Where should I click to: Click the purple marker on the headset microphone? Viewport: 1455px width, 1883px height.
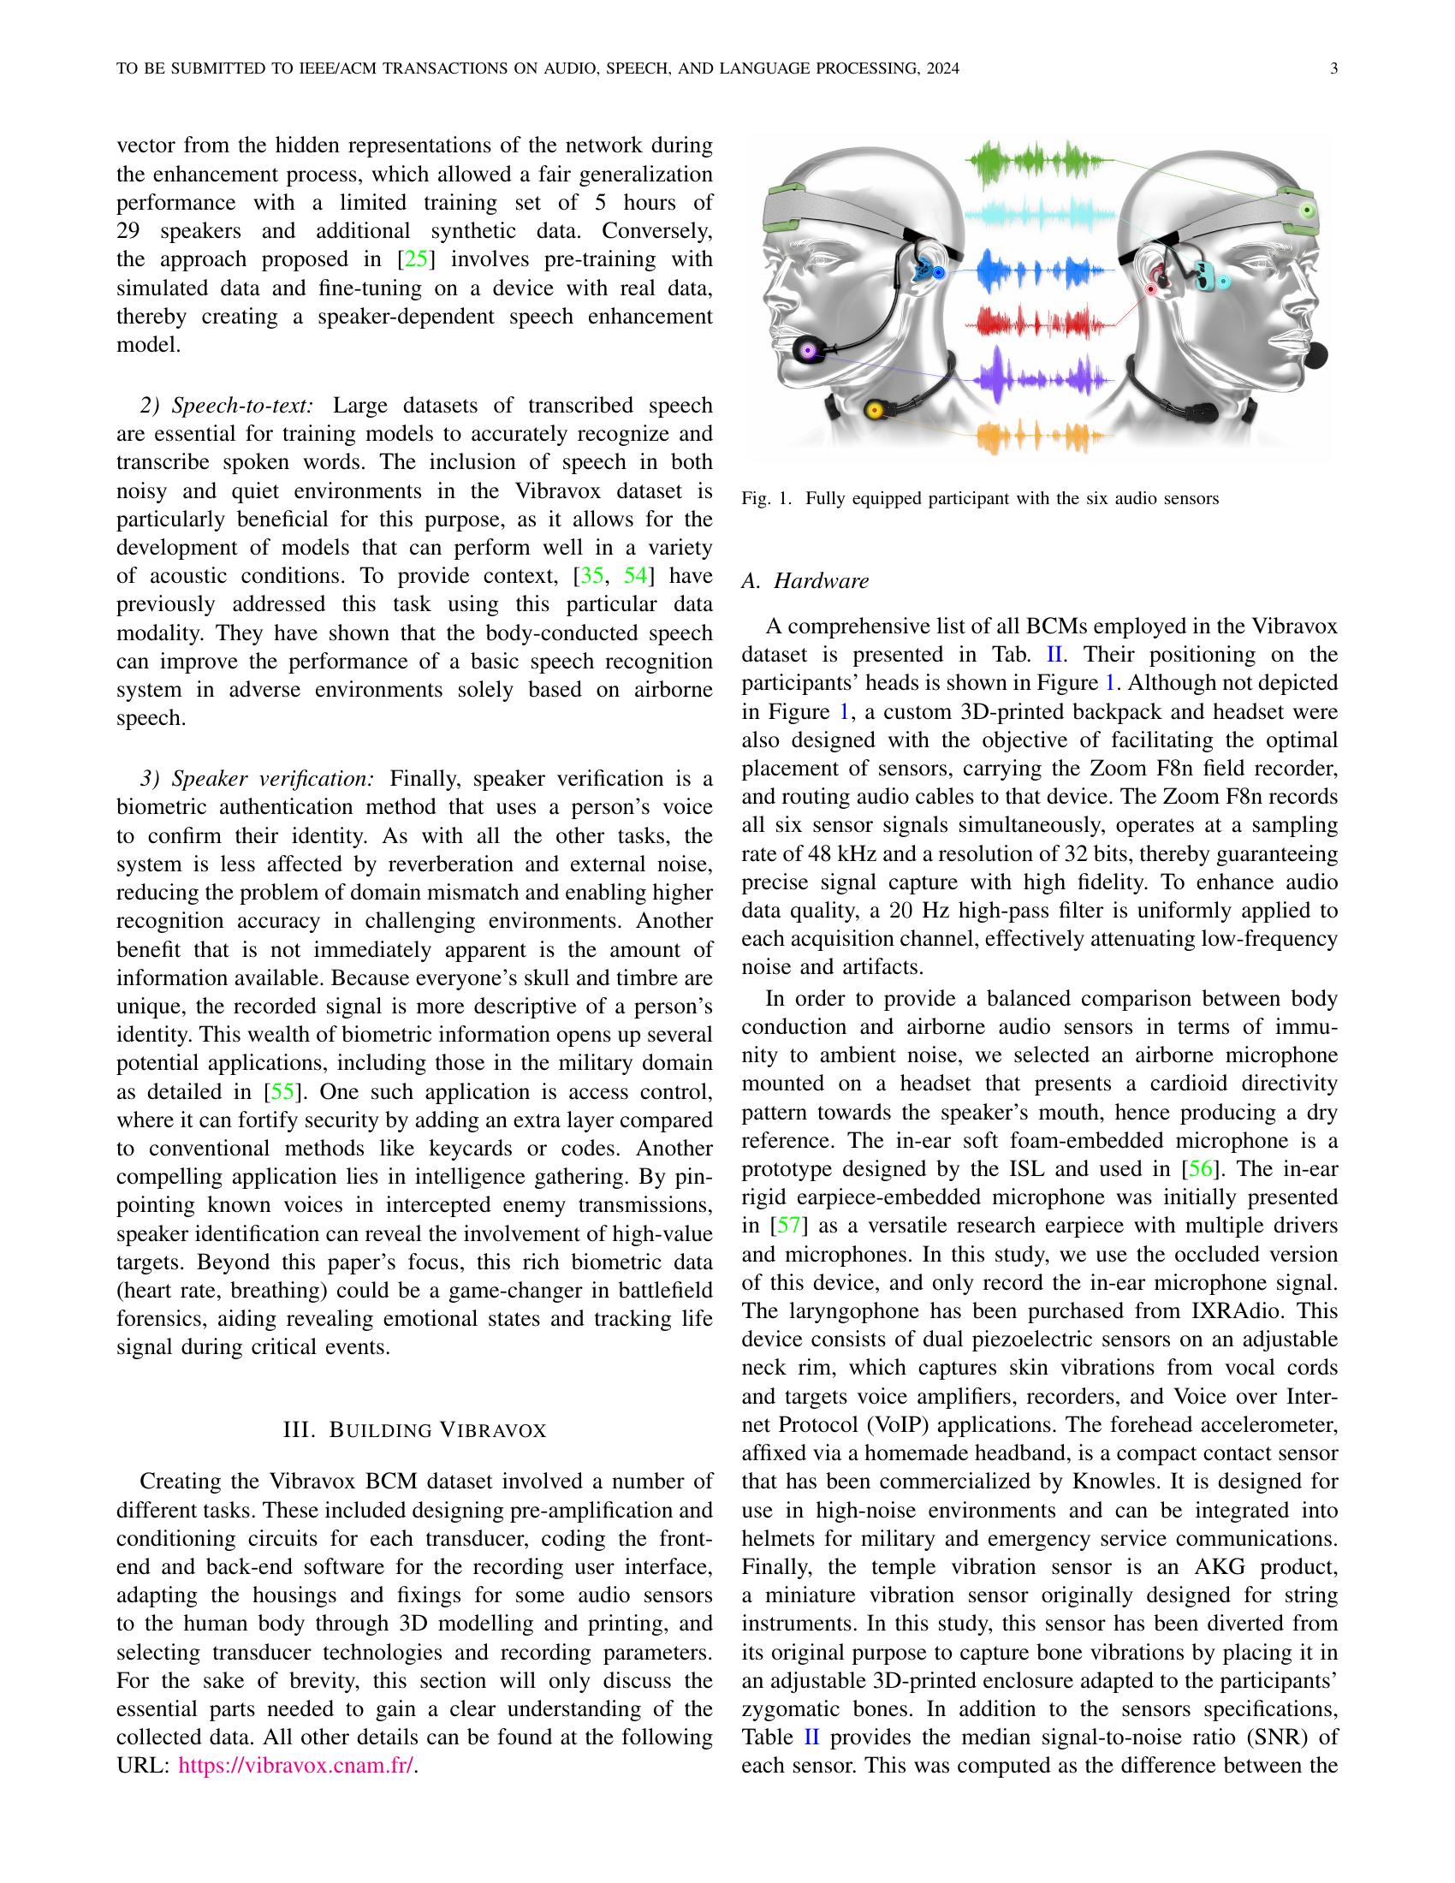tap(808, 351)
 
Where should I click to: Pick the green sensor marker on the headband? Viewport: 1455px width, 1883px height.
tap(1308, 210)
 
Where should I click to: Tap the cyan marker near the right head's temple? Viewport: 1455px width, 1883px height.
tap(1222, 281)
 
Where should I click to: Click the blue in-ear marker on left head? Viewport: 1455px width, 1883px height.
tap(939, 272)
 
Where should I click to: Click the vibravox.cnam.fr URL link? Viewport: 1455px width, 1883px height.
tap(295, 1766)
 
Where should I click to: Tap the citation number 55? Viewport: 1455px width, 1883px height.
tap(282, 1091)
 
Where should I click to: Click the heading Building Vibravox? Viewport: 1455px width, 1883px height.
tap(414, 1430)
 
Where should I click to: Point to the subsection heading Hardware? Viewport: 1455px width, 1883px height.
tap(805, 581)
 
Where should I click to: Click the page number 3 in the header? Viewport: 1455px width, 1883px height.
tap(1333, 69)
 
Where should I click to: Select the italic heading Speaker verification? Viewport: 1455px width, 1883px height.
tap(257, 780)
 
